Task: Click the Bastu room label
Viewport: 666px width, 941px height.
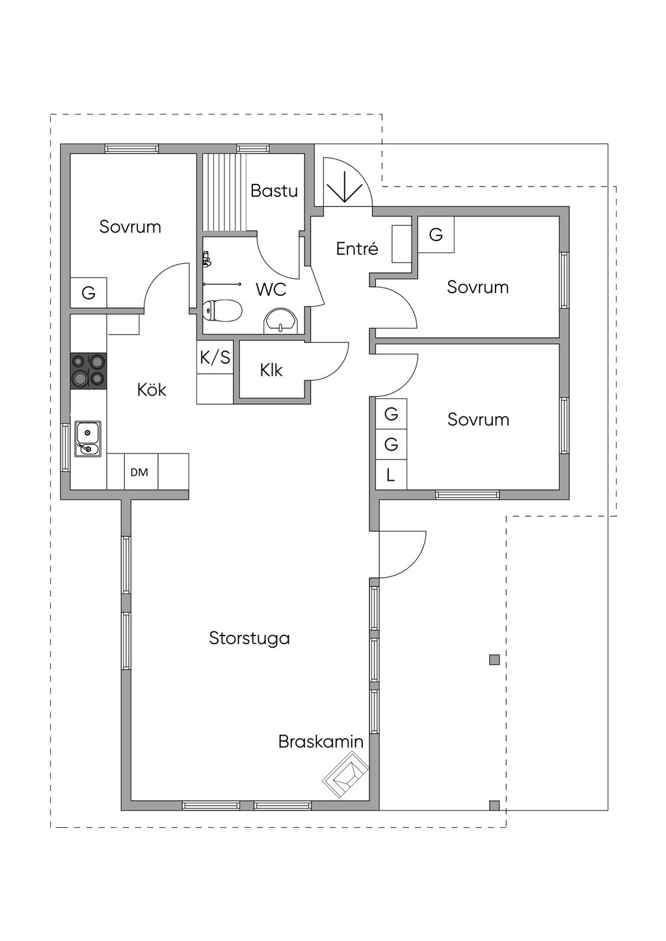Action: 274,191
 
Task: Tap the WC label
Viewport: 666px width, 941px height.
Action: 271,289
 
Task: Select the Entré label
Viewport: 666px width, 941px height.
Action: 357,249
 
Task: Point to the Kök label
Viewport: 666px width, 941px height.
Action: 152,390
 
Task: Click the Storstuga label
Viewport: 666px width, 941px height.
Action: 249,638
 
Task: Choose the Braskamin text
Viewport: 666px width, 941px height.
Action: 321,741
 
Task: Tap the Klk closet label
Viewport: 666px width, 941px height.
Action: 271,370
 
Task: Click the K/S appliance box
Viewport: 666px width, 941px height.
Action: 215,357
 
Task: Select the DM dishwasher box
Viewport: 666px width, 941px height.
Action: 139,472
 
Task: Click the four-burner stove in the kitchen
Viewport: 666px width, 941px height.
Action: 88,370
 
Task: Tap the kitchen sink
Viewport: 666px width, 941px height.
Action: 87,439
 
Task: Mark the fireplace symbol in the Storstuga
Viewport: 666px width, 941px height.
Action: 345,775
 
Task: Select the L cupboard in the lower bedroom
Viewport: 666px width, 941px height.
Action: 391,475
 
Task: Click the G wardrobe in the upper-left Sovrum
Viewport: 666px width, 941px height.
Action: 88,293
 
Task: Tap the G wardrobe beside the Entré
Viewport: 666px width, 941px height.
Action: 436,235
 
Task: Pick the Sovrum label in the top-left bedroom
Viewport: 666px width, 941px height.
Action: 130,227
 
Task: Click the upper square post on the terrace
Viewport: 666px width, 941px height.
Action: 494,660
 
